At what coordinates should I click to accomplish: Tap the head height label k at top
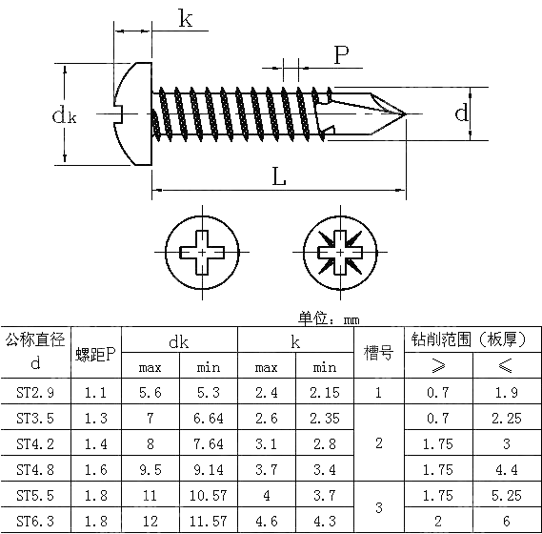pos(187,19)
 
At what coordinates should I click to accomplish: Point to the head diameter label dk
pos(63,115)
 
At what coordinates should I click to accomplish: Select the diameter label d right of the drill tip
pos(461,113)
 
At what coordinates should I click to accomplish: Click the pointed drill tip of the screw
pos(402,114)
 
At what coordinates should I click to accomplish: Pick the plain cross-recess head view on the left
pos(202,252)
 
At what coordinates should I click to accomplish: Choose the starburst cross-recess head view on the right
pos(339,252)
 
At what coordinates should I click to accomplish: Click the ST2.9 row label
pos(36,391)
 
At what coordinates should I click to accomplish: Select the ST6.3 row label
pos(36,520)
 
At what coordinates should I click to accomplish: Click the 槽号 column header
pos(378,354)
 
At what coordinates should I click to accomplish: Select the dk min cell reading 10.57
pos(208,495)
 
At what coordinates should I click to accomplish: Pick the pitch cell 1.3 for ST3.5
pos(96,417)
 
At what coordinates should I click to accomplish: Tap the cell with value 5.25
pos(506,495)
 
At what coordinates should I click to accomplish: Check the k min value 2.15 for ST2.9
pos(324,391)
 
